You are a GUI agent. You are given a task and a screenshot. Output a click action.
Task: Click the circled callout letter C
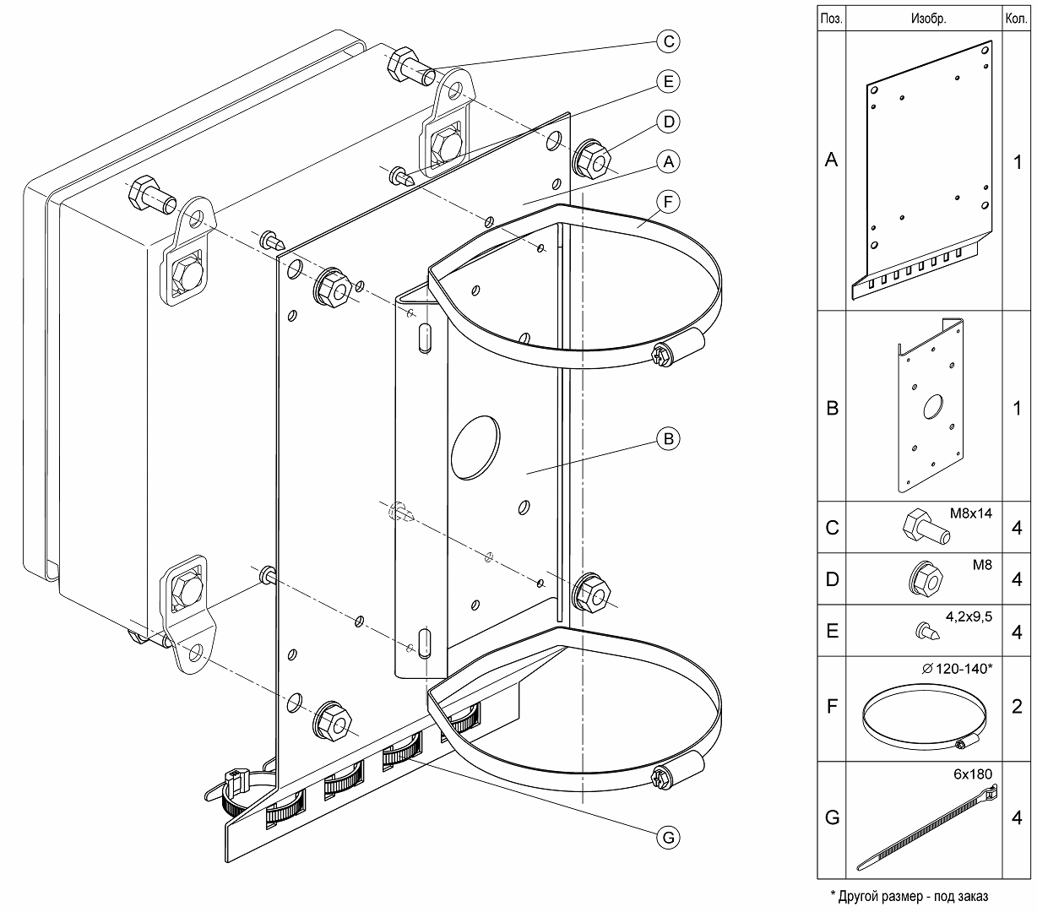pyautogui.click(x=667, y=41)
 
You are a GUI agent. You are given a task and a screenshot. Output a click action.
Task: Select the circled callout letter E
pyautogui.click(x=667, y=81)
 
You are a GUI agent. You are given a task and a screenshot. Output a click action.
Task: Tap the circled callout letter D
pyautogui.click(x=667, y=122)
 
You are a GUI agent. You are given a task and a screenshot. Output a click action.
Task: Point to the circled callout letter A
pyautogui.click(x=667, y=160)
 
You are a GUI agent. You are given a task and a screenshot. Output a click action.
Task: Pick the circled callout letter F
pyautogui.click(x=667, y=202)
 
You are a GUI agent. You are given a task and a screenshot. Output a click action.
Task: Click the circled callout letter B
pyautogui.click(x=667, y=439)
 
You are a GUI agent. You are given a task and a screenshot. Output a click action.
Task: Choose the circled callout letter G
pyautogui.click(x=667, y=837)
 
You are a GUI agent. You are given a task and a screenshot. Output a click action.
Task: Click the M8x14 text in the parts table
pyautogui.click(x=972, y=513)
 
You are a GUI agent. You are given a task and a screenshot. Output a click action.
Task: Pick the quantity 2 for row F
pyautogui.click(x=1017, y=707)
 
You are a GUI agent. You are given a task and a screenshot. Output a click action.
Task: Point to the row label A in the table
pyautogui.click(x=832, y=160)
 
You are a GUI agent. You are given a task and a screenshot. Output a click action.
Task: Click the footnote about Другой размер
pyautogui.click(x=909, y=896)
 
